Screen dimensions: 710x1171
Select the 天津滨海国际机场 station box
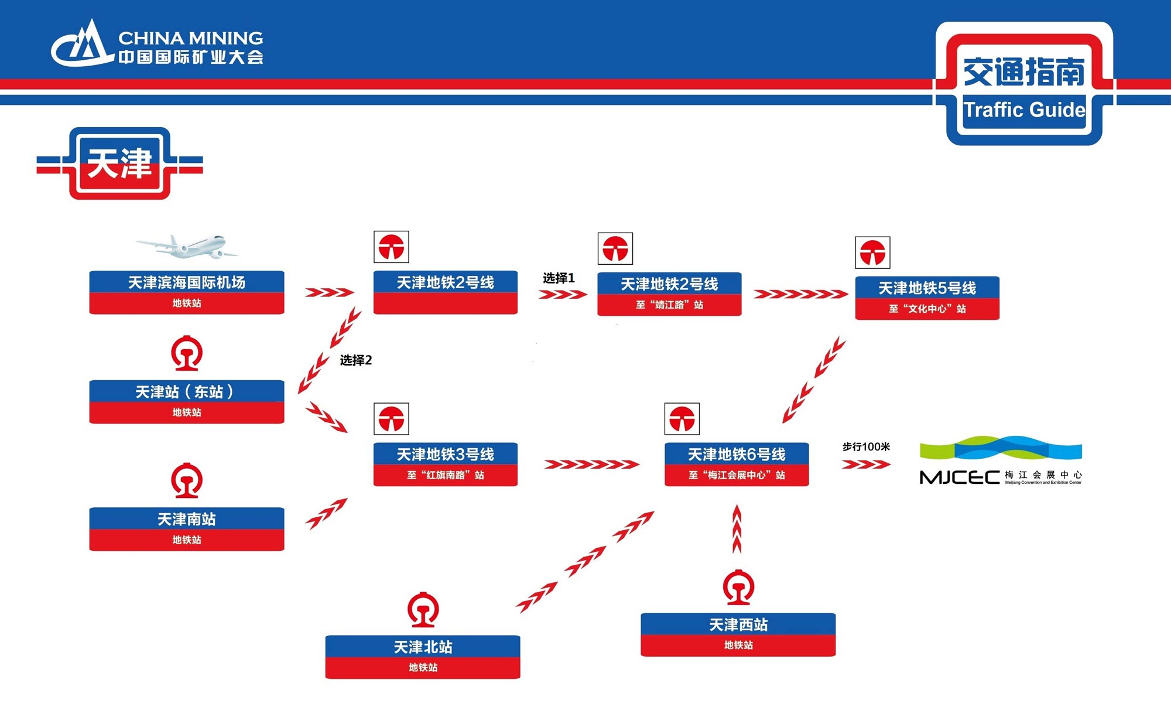pos(187,292)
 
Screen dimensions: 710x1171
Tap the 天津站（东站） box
pos(187,401)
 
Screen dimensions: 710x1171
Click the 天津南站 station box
pos(187,528)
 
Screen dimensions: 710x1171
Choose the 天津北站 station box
pos(423,657)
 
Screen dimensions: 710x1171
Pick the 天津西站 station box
pos(738,634)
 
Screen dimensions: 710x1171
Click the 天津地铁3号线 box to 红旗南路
pos(445,464)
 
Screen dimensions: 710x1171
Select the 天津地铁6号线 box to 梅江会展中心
pos(737,464)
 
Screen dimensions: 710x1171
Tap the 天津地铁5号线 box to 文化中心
pos(927,298)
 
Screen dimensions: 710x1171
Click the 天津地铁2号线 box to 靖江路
pos(669,294)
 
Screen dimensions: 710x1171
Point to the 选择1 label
pos(559,278)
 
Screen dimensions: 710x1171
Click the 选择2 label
pos(356,360)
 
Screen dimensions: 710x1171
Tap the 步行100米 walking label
pos(866,447)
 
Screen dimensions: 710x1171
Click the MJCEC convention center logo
pos(1001,461)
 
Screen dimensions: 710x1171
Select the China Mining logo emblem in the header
pos(82,44)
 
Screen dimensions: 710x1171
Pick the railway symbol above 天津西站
pos(738,587)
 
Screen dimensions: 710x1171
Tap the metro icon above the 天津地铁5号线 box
pos(872,252)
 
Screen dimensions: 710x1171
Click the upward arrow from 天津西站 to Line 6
pos(737,530)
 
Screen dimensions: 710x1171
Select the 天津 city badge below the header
pos(119,163)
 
